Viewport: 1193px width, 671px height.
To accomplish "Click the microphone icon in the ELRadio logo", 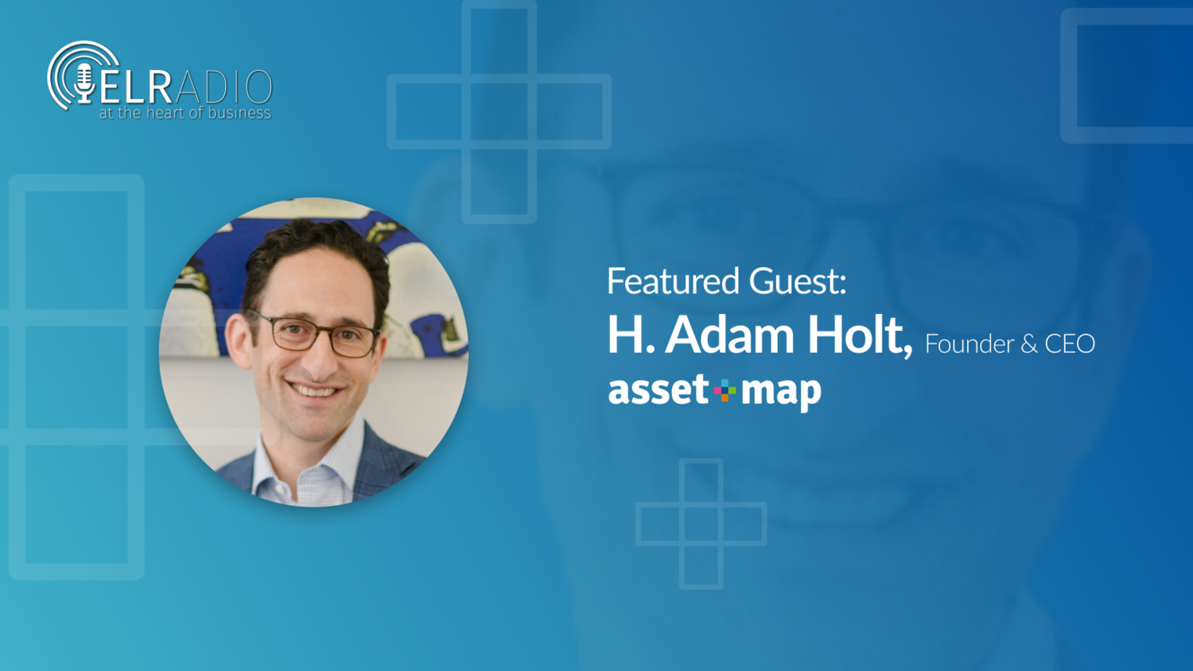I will pyautogui.click(x=84, y=81).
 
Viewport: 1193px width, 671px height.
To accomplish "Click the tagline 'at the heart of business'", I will pyautogui.click(x=185, y=114).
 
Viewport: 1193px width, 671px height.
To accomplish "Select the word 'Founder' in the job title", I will pyautogui.click(x=969, y=344).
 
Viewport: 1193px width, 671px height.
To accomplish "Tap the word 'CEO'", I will pyautogui.click(x=1070, y=344).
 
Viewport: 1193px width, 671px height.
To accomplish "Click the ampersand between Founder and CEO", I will pyautogui.click(x=1028, y=344).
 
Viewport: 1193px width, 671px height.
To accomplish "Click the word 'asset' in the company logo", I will pyautogui.click(x=658, y=390).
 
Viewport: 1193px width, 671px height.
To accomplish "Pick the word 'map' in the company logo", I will pyautogui.click(x=781, y=391).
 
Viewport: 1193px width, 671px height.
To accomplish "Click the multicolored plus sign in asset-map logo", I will pyautogui.click(x=725, y=390).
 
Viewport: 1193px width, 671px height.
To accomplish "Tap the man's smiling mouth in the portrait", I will pyautogui.click(x=315, y=390).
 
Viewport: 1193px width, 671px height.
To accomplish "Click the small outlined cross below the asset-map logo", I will pyautogui.click(x=701, y=524).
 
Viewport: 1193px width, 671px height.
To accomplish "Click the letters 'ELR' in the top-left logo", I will pyautogui.click(x=135, y=86).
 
